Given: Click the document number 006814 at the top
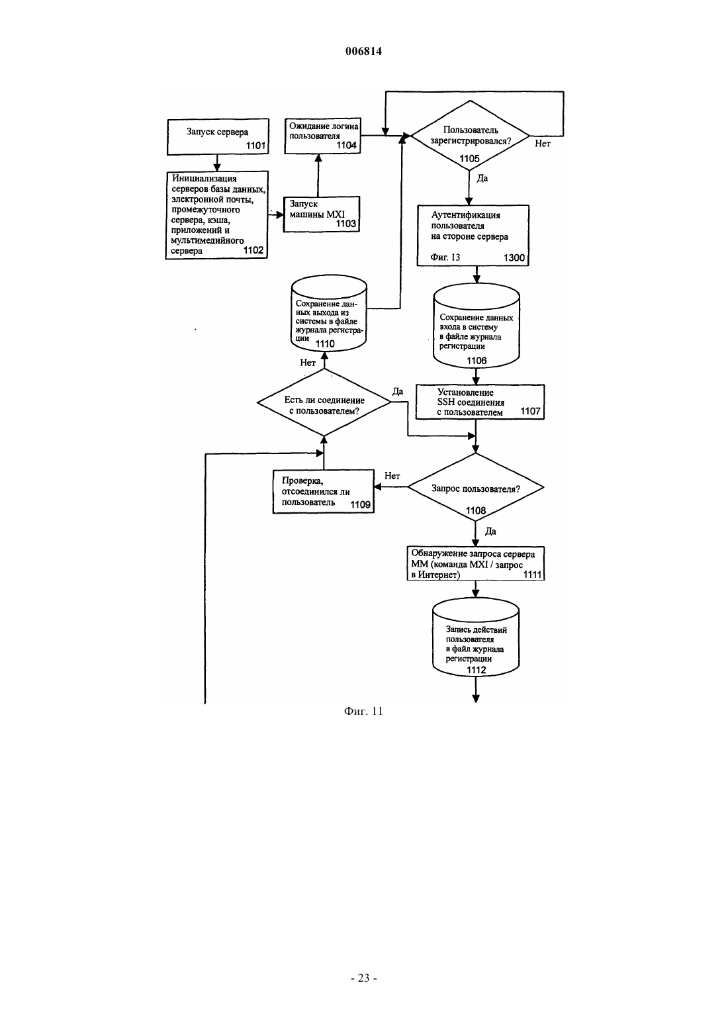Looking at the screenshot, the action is click(363, 51).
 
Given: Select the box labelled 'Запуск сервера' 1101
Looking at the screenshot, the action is click(218, 137).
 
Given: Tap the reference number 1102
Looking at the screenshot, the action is click(253, 250).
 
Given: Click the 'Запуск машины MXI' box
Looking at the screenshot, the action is click(321, 214).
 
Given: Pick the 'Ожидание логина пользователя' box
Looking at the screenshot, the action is click(323, 136).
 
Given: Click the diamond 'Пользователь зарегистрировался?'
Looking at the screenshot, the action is click(470, 136).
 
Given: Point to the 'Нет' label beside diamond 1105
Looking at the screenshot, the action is click(542, 144).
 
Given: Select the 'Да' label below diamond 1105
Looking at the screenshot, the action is click(482, 178).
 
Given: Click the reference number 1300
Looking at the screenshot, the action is click(514, 257).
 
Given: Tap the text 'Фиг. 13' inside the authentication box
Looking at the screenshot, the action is click(445, 257).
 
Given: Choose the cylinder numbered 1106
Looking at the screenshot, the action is click(477, 326).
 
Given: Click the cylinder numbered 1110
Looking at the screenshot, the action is click(329, 313).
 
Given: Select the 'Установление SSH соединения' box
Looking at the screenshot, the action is click(480, 402).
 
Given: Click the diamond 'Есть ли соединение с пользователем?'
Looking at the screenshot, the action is click(324, 402).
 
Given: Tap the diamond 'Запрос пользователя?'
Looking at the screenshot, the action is click(476, 487).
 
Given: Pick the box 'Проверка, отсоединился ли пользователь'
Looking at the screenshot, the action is click(323, 491).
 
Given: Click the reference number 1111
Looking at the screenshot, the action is click(532, 575).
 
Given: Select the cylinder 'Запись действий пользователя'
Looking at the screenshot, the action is click(476, 637).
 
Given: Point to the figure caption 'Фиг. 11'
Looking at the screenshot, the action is click(363, 712).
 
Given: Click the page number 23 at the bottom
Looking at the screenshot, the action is click(363, 978).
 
